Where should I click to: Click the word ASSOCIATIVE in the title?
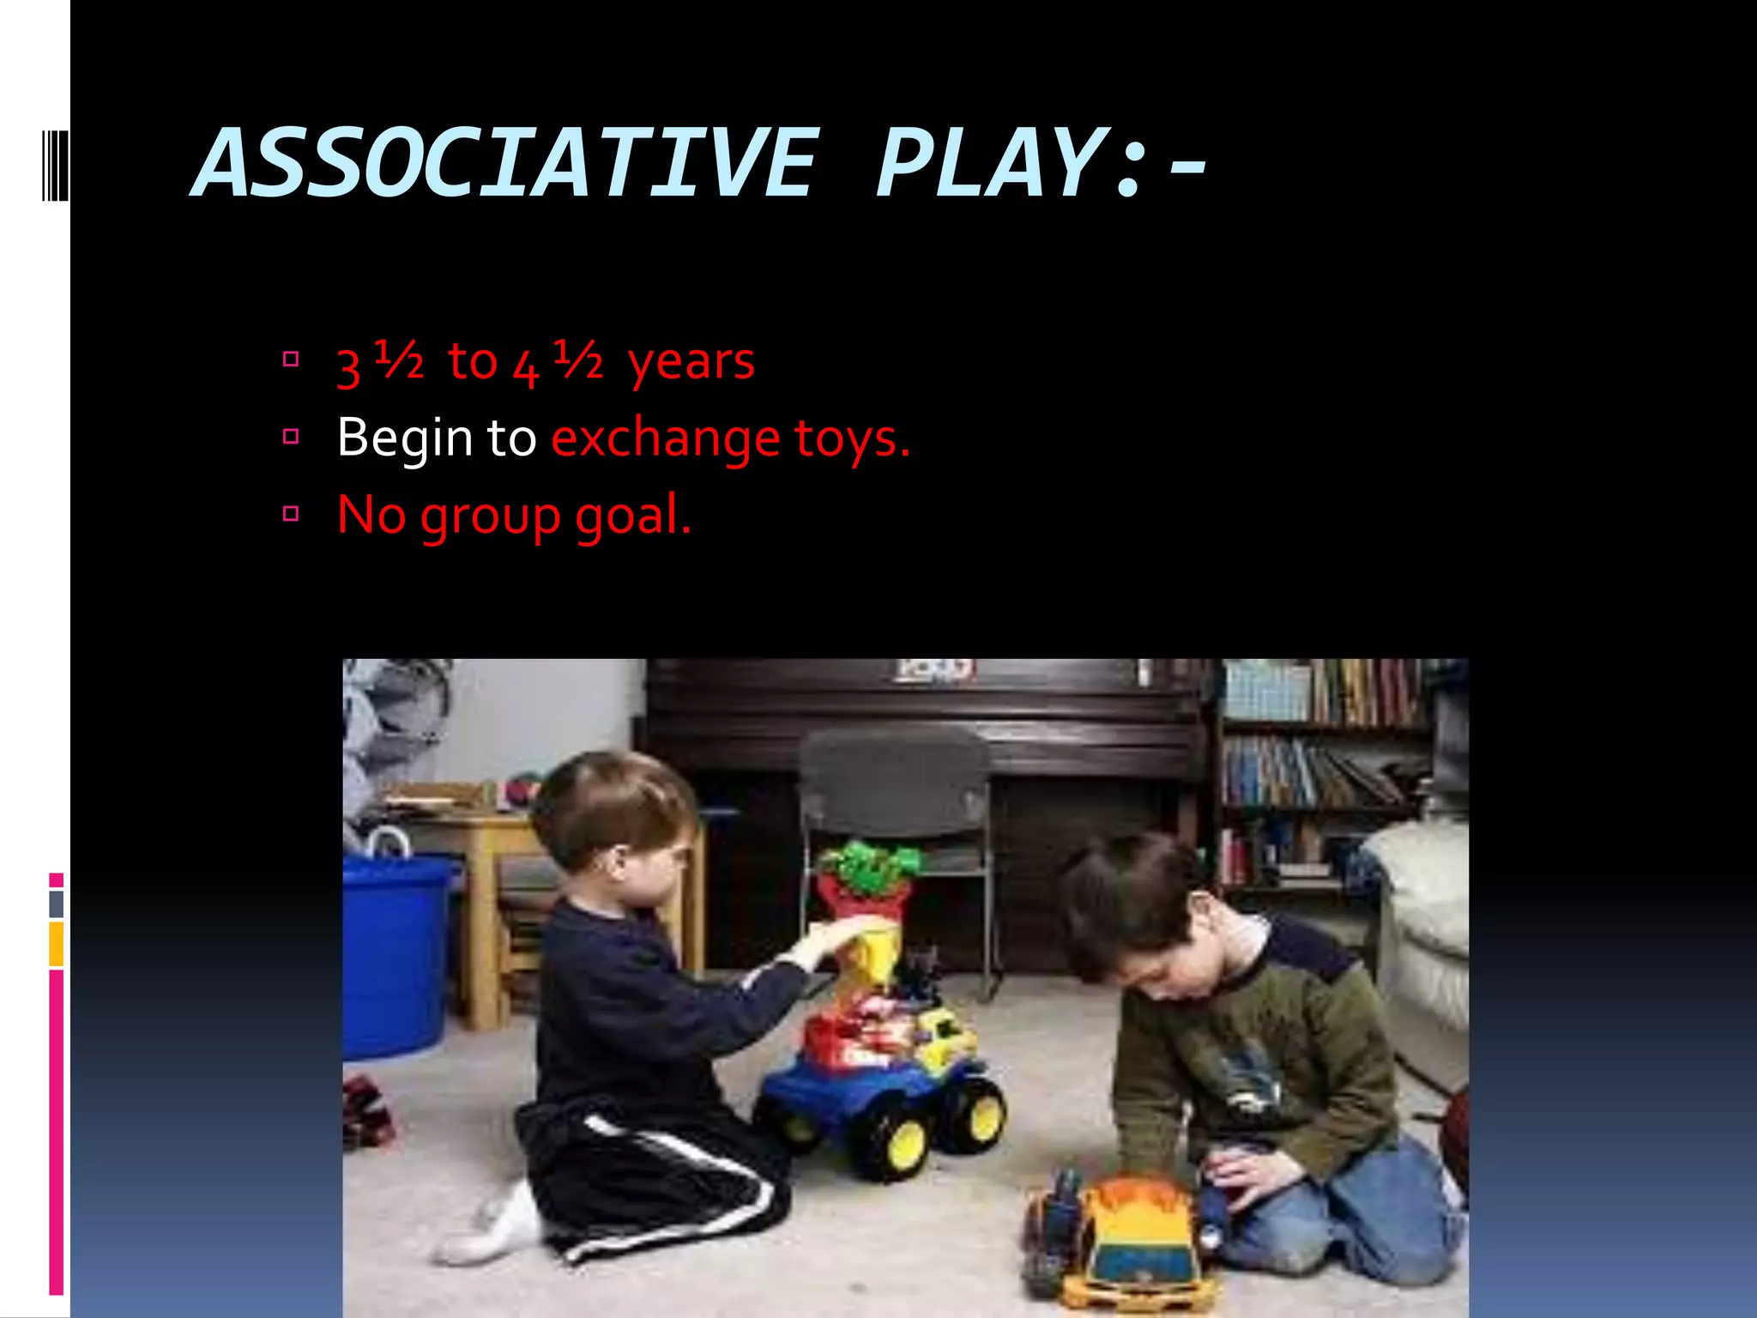[x=506, y=163]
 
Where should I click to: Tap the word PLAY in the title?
[x=987, y=163]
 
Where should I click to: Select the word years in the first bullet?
[x=691, y=362]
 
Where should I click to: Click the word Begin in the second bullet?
[x=404, y=439]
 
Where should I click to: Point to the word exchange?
[x=665, y=439]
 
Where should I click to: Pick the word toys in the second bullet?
[x=845, y=439]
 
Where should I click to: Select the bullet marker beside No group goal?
[x=291, y=514]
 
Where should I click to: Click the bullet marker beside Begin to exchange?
[x=291, y=437]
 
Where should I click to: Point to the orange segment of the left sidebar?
[x=56, y=944]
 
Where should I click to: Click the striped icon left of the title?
[x=55, y=163]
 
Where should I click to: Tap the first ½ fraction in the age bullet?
[x=399, y=359]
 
